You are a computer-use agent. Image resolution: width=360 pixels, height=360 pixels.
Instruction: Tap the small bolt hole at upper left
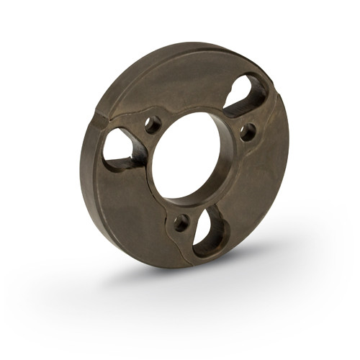pos(153,125)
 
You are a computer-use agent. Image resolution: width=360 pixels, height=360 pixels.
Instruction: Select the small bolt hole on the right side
pos(247,132)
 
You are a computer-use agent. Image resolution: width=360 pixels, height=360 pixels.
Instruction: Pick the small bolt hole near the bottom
pos(181,221)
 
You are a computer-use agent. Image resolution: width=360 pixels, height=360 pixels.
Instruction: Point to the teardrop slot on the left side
pos(120,148)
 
